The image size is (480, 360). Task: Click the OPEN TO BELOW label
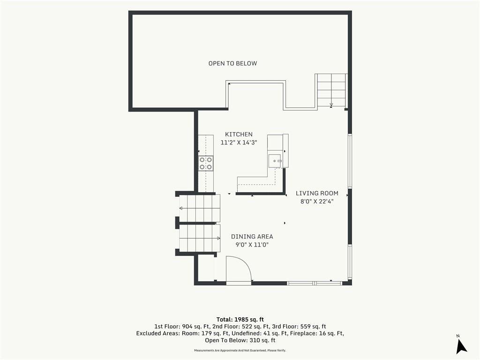(232, 63)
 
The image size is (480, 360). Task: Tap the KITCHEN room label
(239, 135)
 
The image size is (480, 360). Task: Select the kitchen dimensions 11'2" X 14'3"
(239, 142)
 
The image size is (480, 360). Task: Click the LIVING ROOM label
(317, 193)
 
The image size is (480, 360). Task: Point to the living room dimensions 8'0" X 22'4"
(317, 202)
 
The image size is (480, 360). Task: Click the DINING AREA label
(252, 237)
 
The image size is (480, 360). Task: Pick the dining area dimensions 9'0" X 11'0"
(252, 245)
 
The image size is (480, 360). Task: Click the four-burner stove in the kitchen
(206, 163)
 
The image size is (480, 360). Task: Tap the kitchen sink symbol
(275, 161)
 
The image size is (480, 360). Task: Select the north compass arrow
(461, 346)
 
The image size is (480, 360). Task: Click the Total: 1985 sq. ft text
(240, 320)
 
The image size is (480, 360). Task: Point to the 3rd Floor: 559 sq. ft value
(299, 327)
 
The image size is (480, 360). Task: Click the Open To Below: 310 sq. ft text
(240, 340)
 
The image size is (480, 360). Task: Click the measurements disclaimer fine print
(240, 351)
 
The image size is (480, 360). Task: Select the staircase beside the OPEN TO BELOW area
(331, 90)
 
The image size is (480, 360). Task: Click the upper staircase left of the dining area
(198, 209)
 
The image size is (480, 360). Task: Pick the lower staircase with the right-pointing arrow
(199, 238)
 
